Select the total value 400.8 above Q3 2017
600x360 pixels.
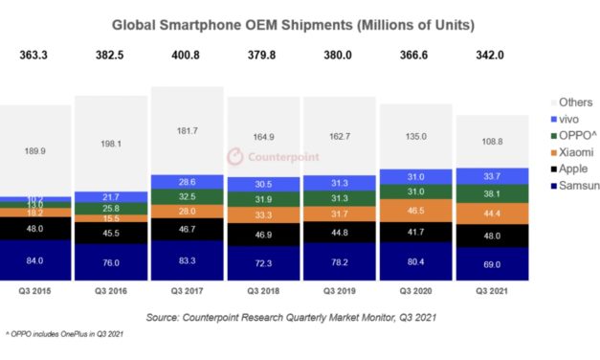[187, 59]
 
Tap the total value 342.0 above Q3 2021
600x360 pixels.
[492, 59]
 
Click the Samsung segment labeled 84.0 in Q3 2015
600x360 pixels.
[34, 260]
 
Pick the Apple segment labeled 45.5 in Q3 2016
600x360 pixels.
[111, 233]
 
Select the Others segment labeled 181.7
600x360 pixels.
[187, 130]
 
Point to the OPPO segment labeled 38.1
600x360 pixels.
[492, 191]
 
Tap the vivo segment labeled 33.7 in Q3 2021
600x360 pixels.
[492, 175]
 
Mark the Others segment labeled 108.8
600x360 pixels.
[492, 141]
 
